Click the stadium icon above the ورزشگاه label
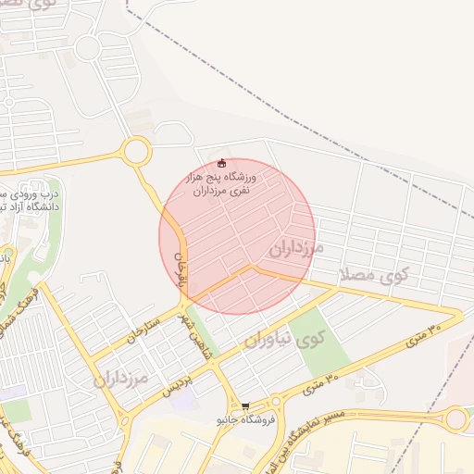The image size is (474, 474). tap(220, 164)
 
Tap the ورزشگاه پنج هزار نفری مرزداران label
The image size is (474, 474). tap(222, 182)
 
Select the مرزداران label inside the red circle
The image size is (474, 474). tap(295, 248)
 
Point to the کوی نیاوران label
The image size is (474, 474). tap(281, 340)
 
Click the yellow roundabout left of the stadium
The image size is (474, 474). tap(136, 150)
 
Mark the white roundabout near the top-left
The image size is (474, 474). tap(88, 47)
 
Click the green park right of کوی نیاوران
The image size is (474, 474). tap(323, 339)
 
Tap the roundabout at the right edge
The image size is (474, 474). tap(455, 419)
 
